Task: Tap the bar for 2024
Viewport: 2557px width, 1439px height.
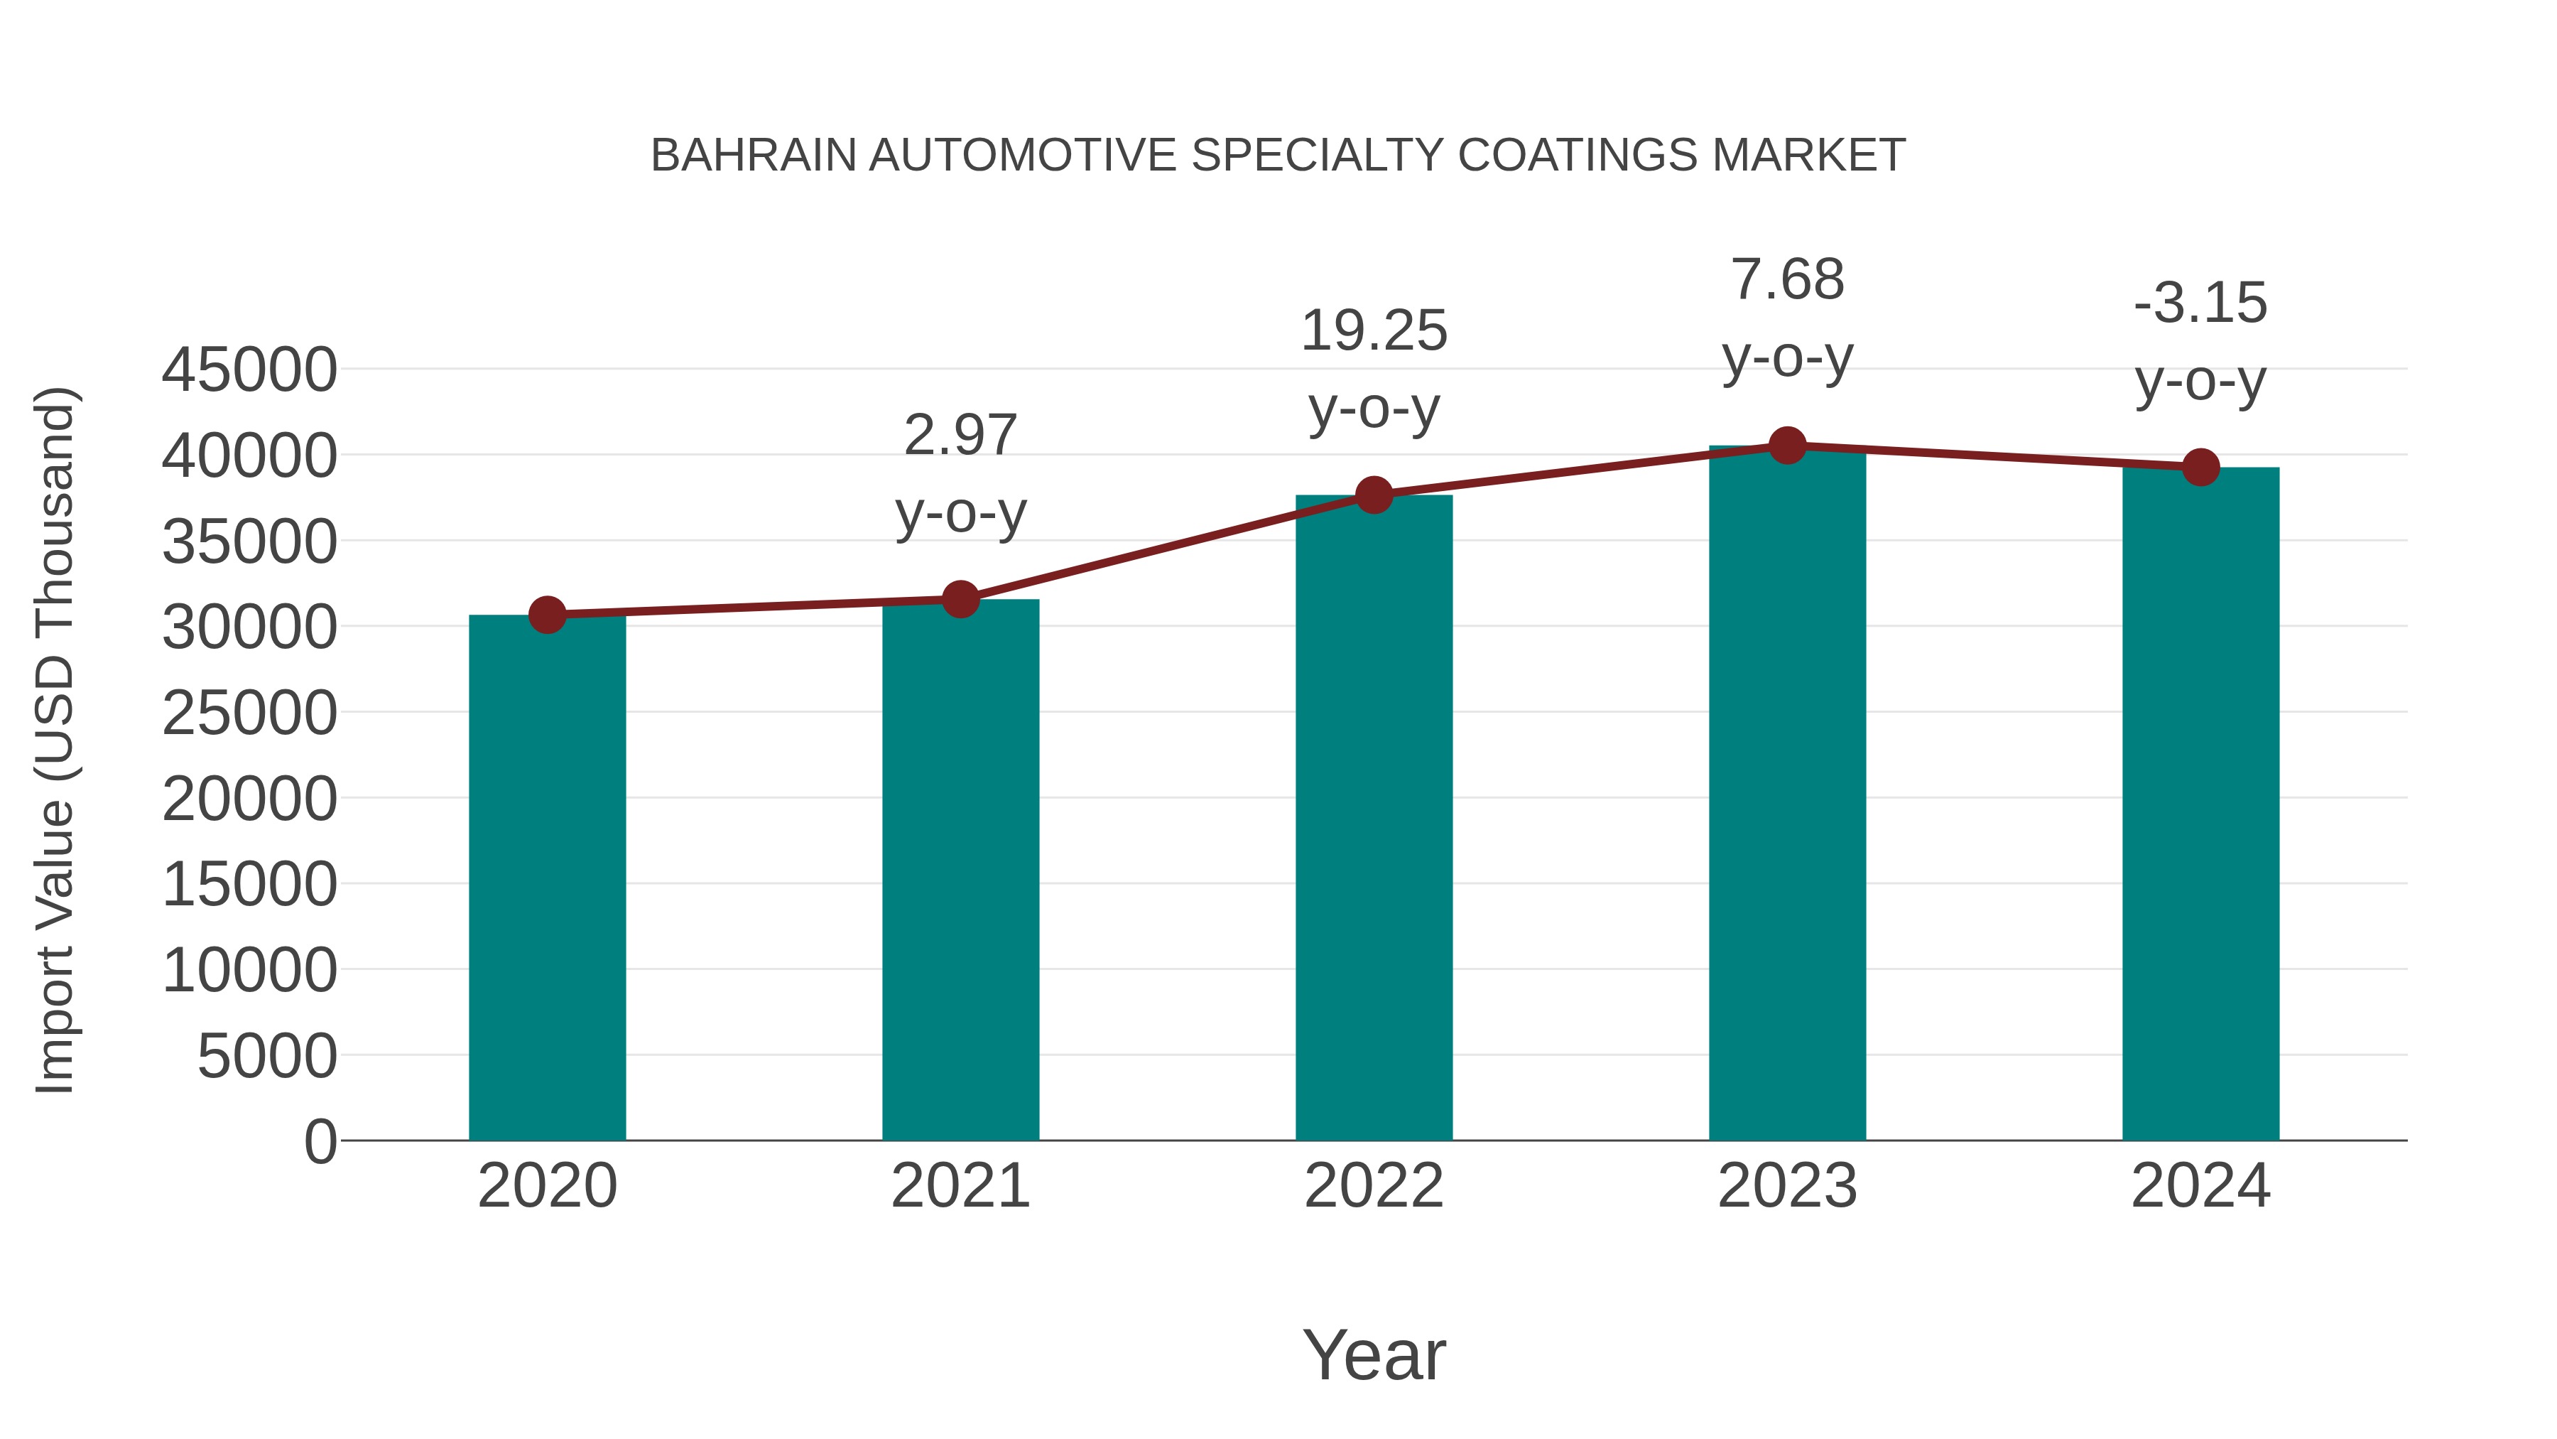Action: click(2200, 804)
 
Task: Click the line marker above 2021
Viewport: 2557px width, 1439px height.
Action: click(960, 599)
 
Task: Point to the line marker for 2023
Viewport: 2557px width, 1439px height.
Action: click(1787, 446)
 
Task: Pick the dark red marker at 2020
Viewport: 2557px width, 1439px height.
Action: click(547, 615)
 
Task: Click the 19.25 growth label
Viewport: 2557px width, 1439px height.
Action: click(1374, 330)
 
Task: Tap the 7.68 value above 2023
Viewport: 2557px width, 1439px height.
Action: click(1787, 279)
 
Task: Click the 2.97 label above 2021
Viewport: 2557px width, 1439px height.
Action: click(960, 435)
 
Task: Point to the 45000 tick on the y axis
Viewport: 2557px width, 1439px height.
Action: click(249, 370)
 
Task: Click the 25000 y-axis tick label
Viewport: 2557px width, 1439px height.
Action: click(249, 713)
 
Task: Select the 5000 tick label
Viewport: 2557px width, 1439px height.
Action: click(267, 1056)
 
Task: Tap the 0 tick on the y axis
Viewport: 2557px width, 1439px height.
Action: click(320, 1141)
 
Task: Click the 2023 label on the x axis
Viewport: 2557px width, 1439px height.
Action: click(1787, 1186)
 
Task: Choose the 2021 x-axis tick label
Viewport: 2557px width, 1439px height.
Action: click(960, 1186)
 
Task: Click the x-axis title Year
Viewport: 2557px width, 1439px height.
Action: click(1374, 1354)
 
